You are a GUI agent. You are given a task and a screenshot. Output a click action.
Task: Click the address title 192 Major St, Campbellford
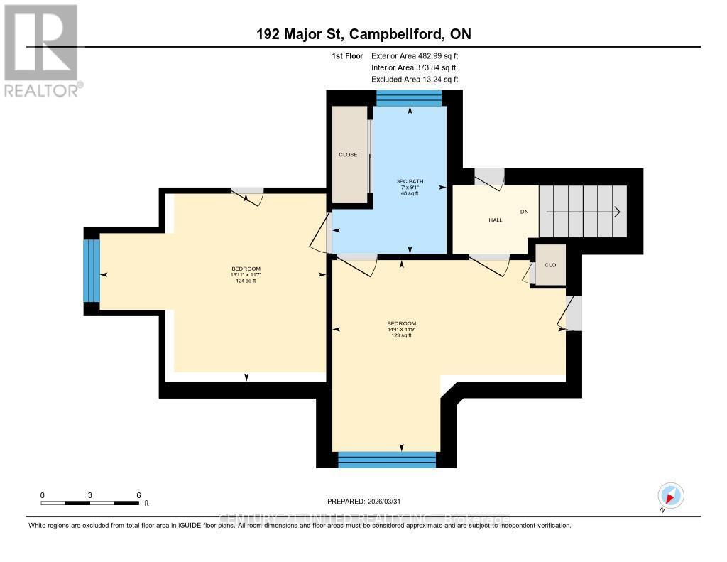pos(363,34)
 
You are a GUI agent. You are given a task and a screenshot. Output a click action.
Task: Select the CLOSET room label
pos(349,155)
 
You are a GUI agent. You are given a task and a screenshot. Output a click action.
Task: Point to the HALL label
pos(495,220)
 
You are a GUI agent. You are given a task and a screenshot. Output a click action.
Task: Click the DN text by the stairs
pos(525,212)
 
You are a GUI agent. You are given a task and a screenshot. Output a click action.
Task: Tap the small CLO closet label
pos(550,265)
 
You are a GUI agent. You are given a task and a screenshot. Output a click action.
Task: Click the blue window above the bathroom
pos(409,98)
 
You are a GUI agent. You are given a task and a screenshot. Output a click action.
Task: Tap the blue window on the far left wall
pos(92,270)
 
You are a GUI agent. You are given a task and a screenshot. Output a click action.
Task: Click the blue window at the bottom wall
pos(387,459)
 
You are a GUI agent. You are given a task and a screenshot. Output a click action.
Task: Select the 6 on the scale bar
pos(138,495)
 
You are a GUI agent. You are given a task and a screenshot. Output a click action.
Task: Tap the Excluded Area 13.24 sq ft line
pos(415,80)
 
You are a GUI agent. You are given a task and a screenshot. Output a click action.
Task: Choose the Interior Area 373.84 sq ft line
pos(415,67)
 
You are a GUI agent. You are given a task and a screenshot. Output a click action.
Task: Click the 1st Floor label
pos(348,55)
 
